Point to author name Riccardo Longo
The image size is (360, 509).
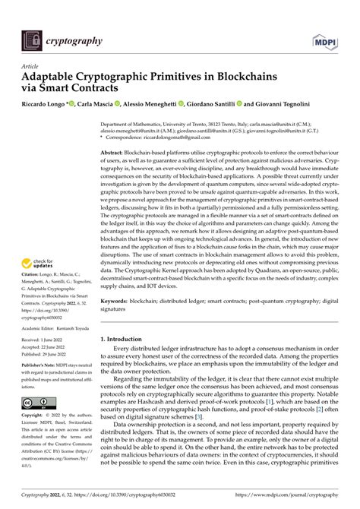45,103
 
